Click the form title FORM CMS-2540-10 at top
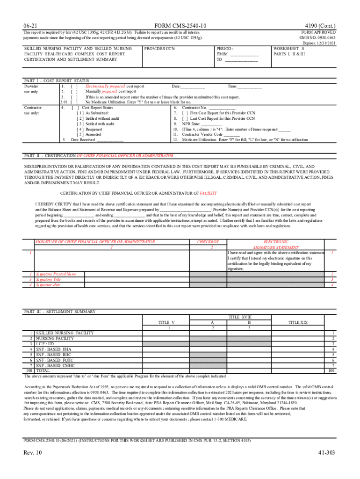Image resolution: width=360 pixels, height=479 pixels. (x=180, y=25)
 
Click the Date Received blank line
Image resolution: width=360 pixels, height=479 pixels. (x=110, y=139)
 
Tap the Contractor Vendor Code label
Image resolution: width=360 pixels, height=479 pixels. (x=203, y=134)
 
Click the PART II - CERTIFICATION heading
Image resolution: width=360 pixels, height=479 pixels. (x=99, y=155)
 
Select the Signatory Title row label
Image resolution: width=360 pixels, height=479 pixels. (x=49, y=279)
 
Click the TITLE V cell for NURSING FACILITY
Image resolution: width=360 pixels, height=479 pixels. (x=166, y=338)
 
